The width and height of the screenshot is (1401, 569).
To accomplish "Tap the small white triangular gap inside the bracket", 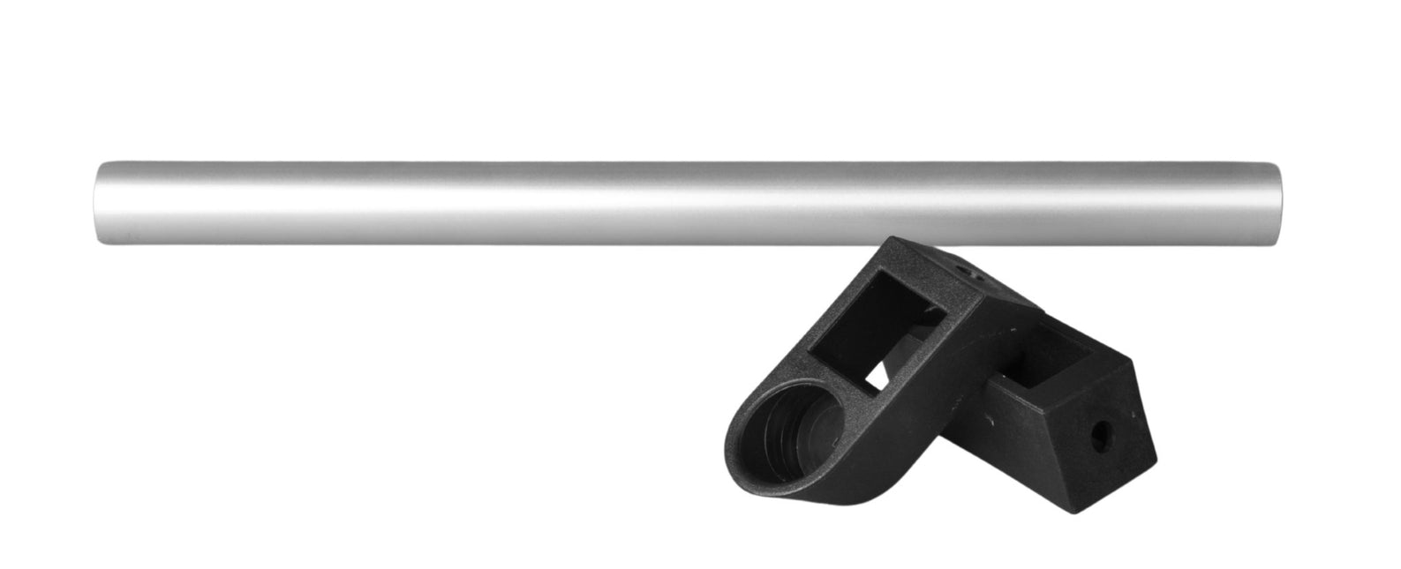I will click(876, 381).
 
